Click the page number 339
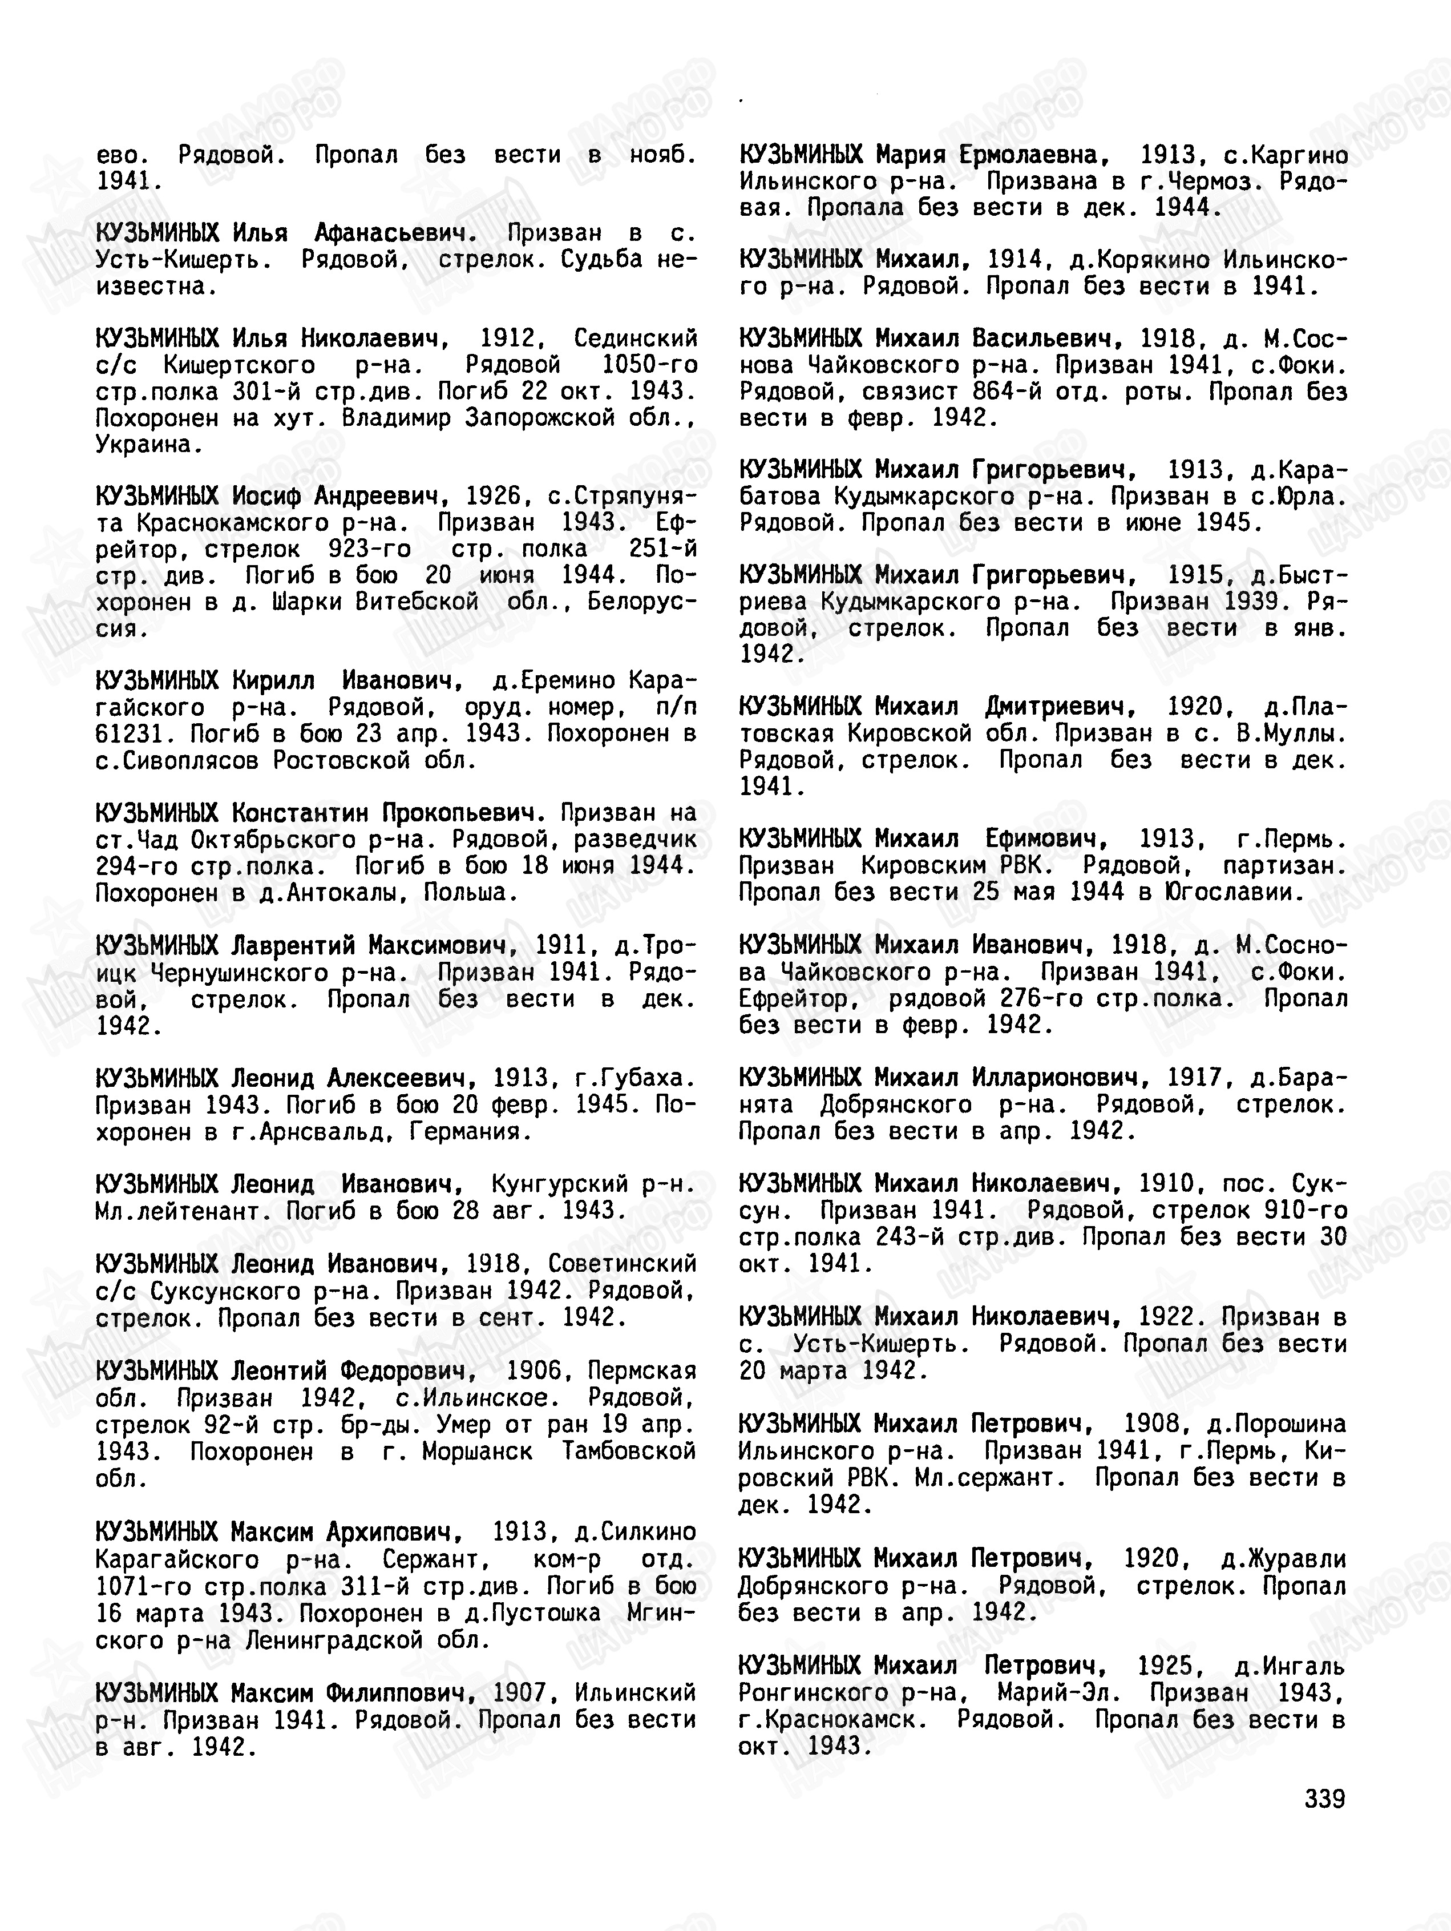tap(1324, 1799)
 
